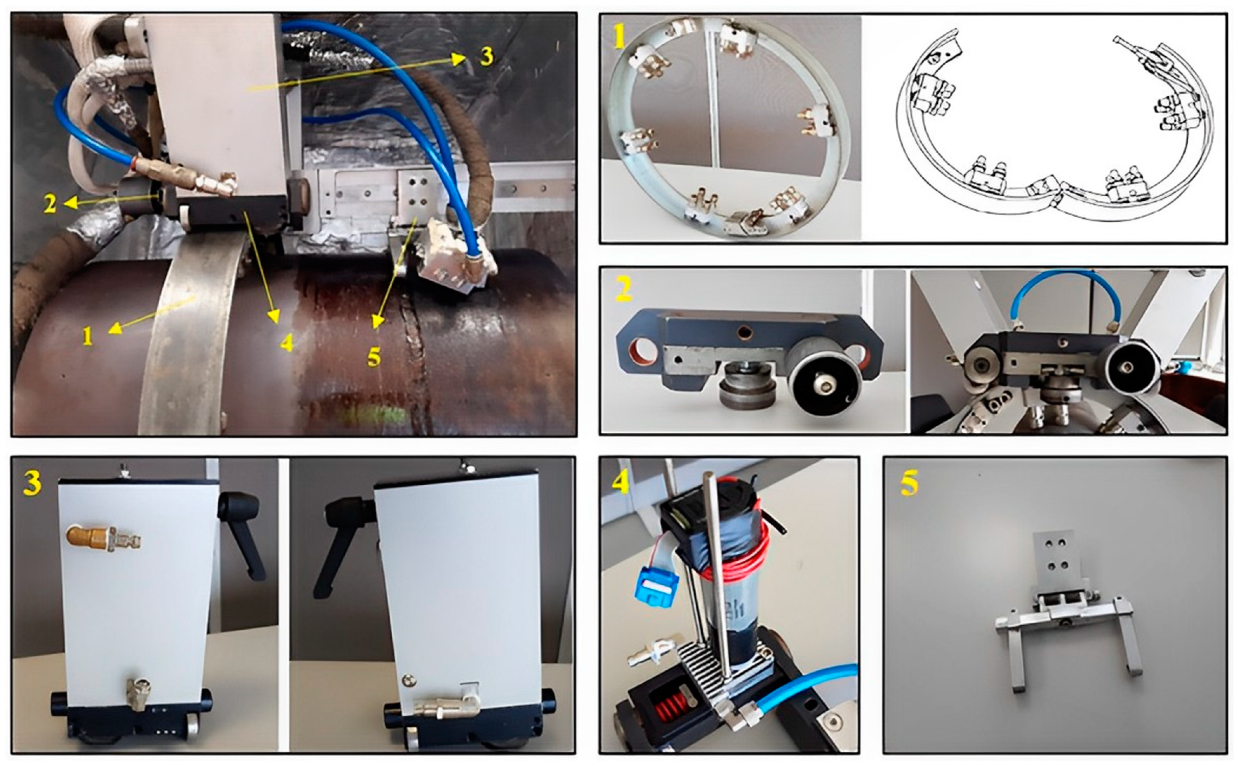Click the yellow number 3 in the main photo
[487, 56]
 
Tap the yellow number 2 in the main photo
[50, 203]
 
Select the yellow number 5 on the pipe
[374, 357]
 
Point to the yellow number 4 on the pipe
[287, 343]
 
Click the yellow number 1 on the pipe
[88, 336]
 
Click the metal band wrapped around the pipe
[192, 334]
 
